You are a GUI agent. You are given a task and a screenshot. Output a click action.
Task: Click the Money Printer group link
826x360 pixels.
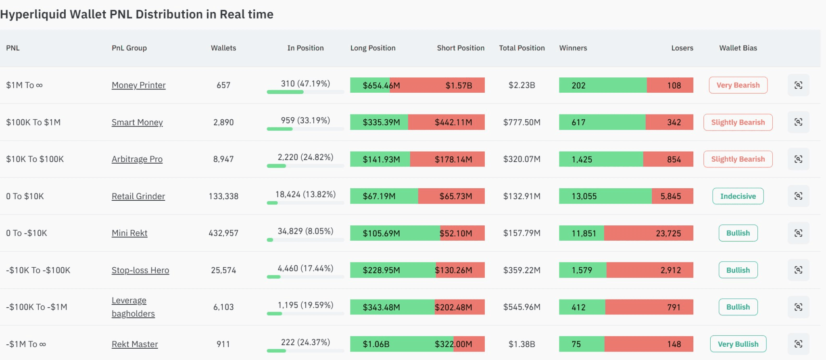tap(138, 85)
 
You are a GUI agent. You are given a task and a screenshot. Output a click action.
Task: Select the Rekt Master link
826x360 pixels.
tap(135, 344)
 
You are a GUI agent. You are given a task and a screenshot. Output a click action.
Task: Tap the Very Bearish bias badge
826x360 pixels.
tap(738, 85)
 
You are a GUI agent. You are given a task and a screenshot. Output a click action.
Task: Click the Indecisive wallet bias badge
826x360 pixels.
tap(738, 196)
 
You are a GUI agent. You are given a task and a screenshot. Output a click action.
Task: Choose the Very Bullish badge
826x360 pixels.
tap(738, 344)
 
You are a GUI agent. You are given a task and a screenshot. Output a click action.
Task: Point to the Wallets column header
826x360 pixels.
tap(223, 48)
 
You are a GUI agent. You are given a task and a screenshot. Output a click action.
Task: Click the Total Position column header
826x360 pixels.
tap(522, 48)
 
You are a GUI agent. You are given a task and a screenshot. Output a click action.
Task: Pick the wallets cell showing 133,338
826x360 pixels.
tap(223, 196)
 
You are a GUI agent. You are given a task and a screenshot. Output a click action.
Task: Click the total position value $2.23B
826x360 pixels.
tap(522, 85)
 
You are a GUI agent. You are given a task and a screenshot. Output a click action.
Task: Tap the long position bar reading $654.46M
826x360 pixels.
tap(370, 85)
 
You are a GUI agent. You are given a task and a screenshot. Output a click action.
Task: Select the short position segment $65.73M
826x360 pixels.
tap(451, 196)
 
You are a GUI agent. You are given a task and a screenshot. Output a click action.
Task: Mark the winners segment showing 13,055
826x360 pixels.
tap(605, 196)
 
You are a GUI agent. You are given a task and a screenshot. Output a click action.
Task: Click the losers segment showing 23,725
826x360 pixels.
tap(649, 233)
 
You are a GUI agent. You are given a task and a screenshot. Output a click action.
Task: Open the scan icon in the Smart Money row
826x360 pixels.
tap(798, 122)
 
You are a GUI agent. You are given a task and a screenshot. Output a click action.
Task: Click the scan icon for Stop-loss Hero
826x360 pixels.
tap(798, 270)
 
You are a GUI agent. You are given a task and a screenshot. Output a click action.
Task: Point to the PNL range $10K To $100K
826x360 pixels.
tap(35, 159)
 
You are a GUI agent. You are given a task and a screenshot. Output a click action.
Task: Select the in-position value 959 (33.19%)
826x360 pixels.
tap(305, 121)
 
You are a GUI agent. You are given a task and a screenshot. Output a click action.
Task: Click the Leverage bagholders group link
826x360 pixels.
tap(133, 307)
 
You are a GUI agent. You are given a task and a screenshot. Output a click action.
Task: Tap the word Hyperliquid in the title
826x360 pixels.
tap(33, 15)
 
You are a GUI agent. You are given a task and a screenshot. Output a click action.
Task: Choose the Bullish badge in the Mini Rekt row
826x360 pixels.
tap(738, 233)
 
